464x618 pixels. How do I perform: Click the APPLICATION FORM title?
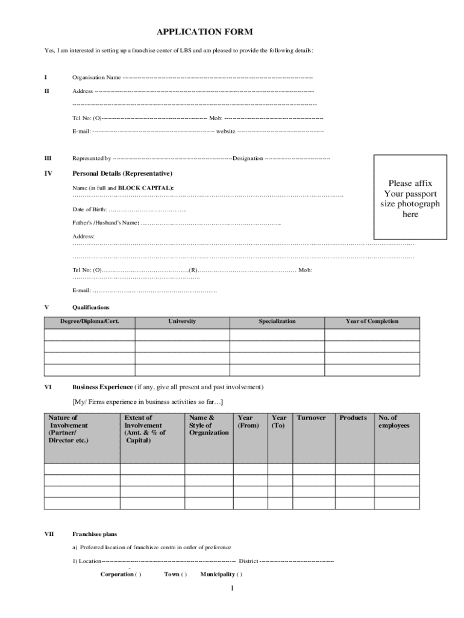205,32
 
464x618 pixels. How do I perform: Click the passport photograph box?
410,198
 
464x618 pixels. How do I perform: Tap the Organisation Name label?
96,77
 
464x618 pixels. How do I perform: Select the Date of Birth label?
89,209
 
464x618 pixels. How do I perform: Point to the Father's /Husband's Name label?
106,223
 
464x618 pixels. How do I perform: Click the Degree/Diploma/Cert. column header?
89,321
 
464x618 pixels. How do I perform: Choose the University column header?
182,321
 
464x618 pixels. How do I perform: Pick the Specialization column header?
277,321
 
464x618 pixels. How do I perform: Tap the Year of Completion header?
372,321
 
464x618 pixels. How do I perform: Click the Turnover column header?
311,418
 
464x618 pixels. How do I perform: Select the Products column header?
353,418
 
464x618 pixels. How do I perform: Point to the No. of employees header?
393,421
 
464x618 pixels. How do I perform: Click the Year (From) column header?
248,421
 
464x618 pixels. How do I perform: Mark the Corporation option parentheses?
138,574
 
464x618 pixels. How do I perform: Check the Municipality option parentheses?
240,574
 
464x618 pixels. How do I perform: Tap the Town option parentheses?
184,574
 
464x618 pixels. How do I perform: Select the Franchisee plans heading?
95,534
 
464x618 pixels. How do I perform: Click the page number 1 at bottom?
231,588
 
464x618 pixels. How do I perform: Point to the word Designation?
248,159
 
